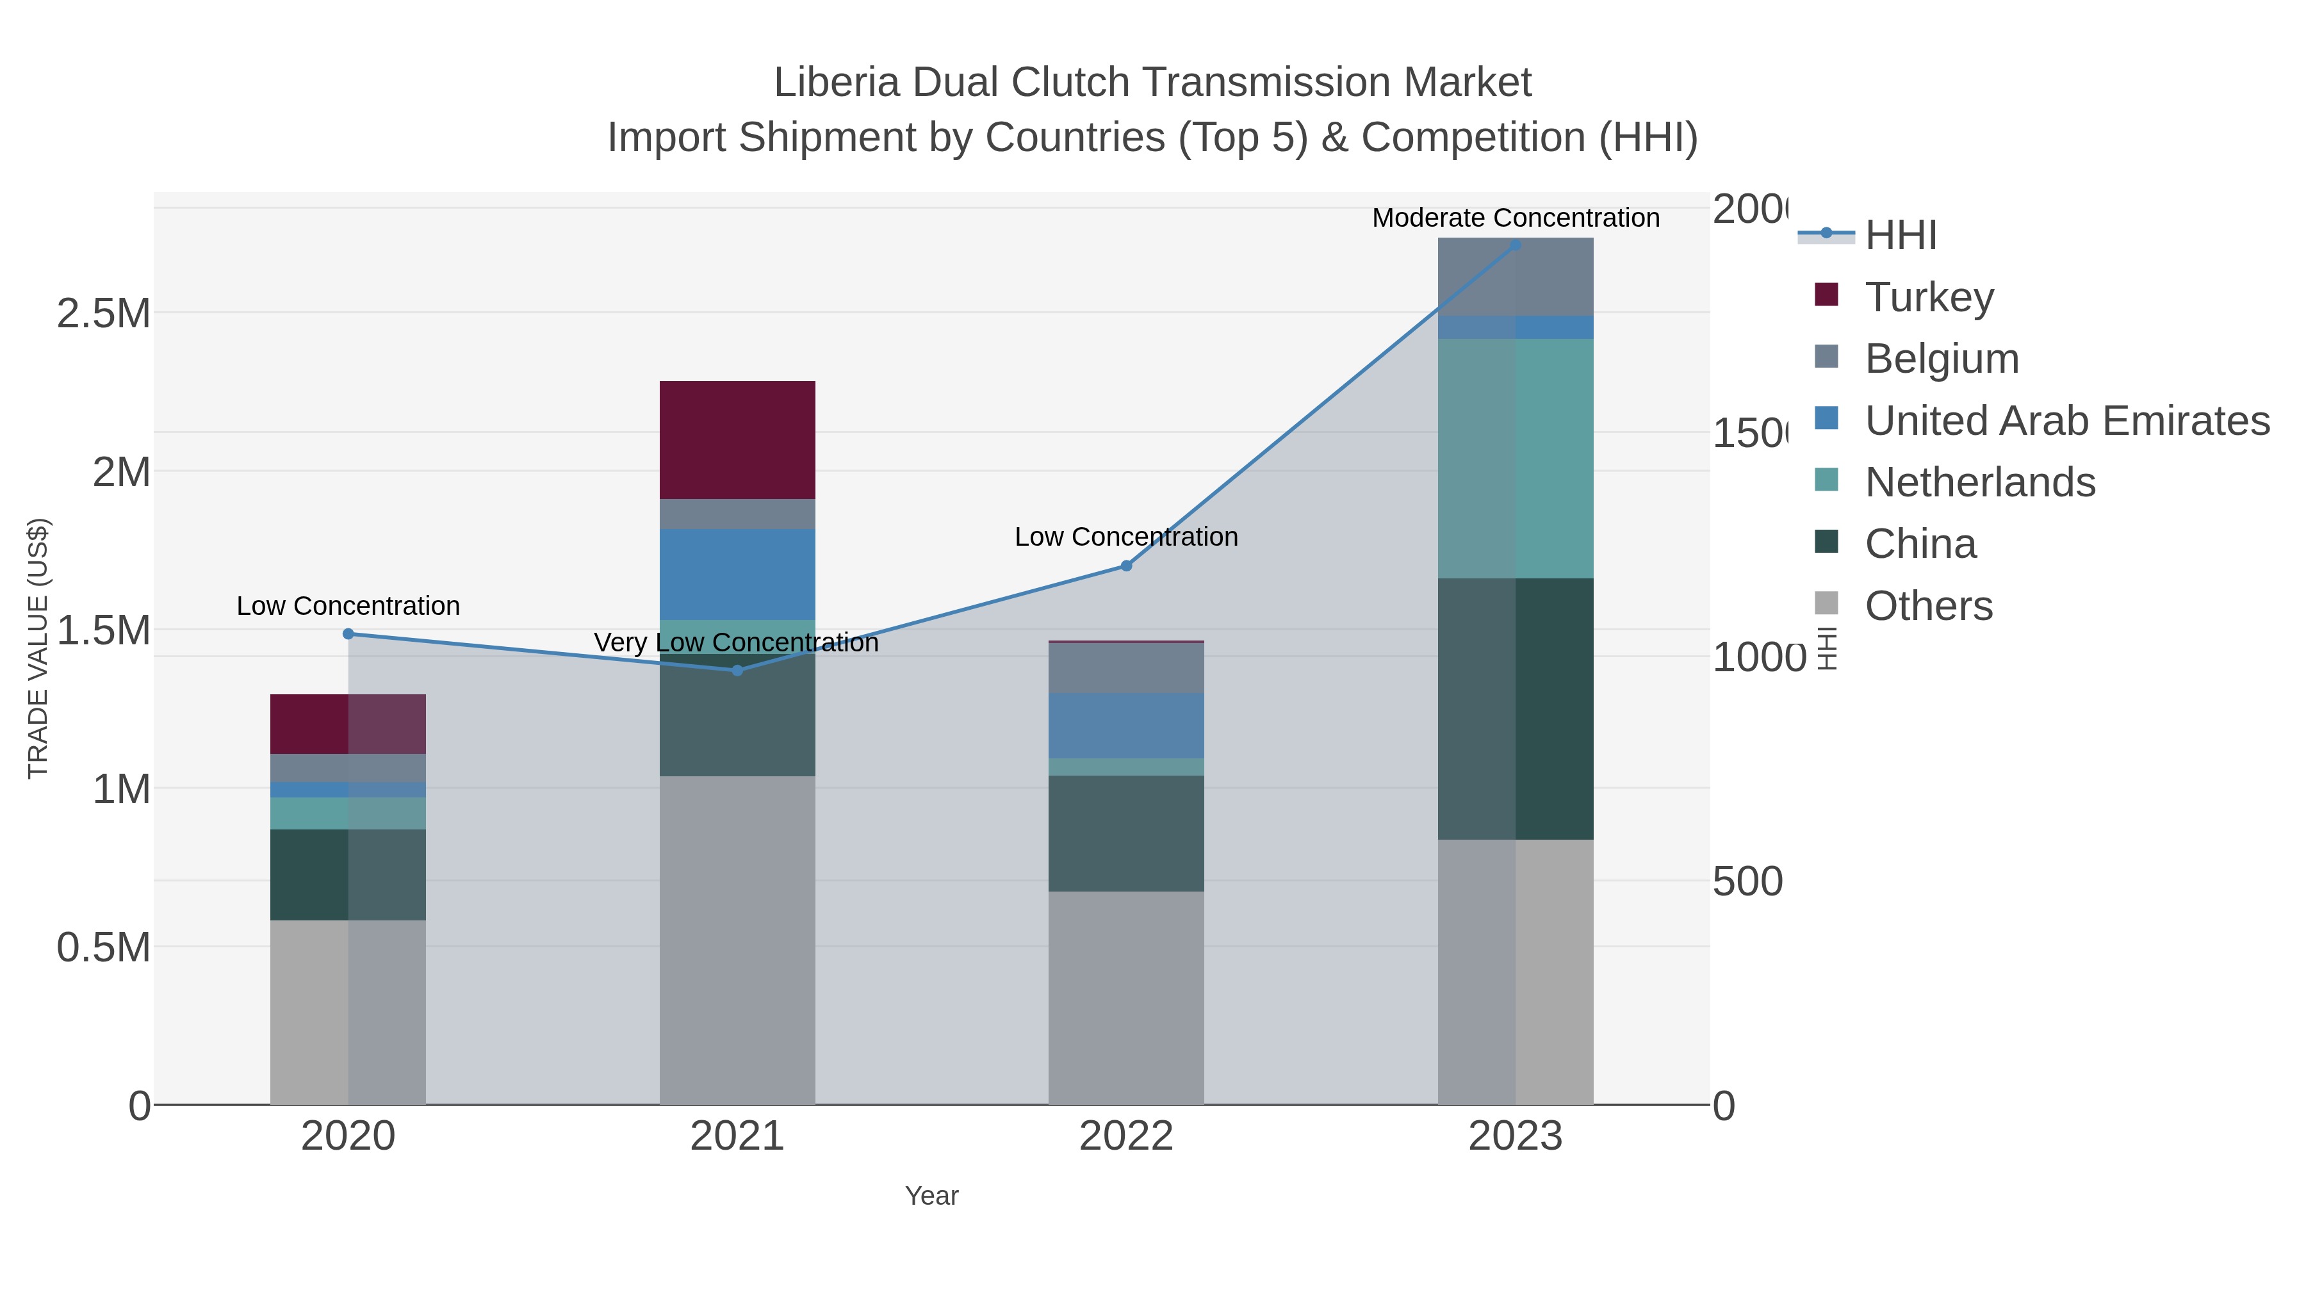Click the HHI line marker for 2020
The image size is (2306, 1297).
[x=348, y=633]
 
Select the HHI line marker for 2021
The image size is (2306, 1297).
[x=737, y=671]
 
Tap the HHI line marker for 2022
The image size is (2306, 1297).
[x=1126, y=566]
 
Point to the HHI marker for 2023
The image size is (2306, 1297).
[x=1516, y=245]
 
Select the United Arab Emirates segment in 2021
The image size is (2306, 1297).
[x=737, y=574]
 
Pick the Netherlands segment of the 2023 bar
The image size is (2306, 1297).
[x=1516, y=459]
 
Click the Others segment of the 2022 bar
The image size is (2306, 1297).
[x=1126, y=997]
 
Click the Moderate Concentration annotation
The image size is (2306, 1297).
[x=1516, y=218]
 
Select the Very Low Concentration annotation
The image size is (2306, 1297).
[x=736, y=642]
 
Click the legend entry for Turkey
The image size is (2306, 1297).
[x=1929, y=297]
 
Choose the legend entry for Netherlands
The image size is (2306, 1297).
[x=1979, y=482]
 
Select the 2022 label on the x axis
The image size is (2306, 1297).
[x=1126, y=1136]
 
